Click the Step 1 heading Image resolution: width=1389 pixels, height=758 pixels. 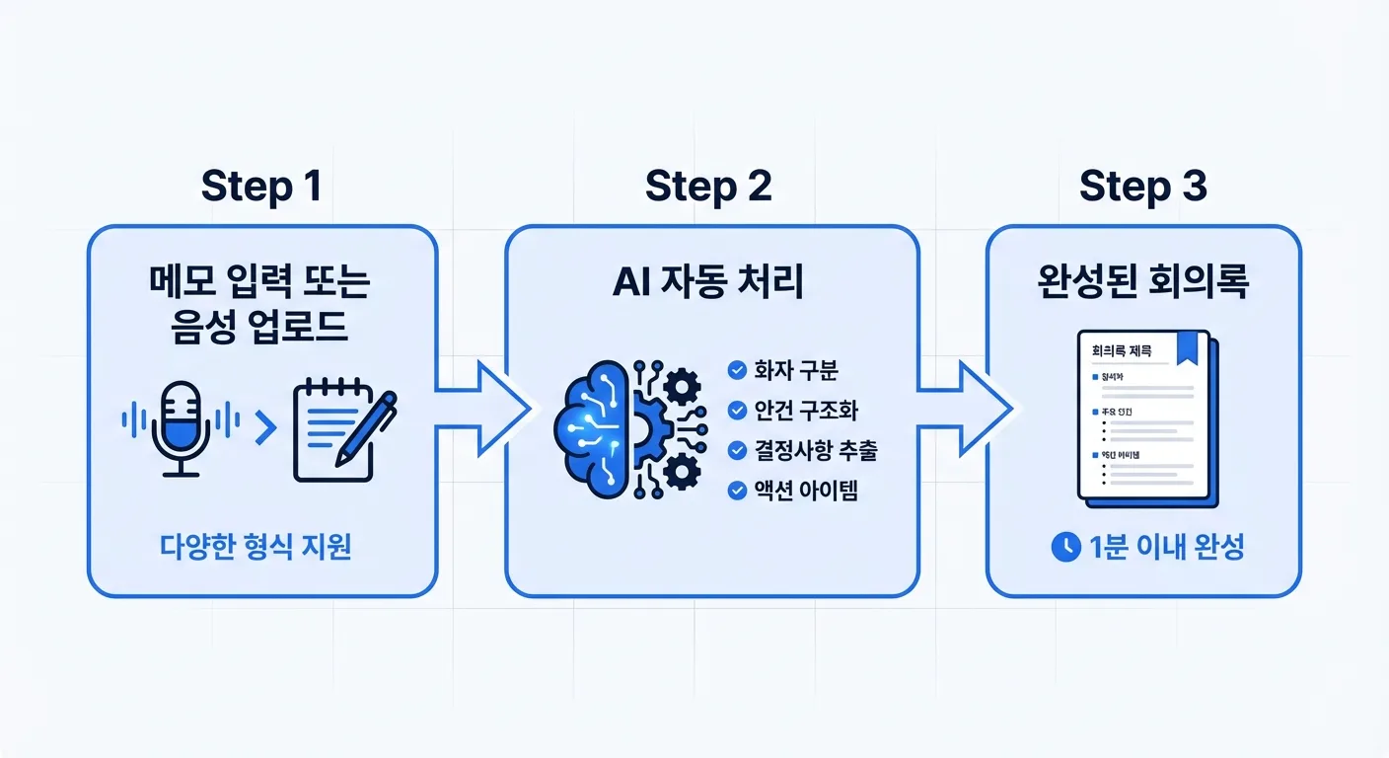(261, 186)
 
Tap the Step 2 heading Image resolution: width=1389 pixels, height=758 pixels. (708, 186)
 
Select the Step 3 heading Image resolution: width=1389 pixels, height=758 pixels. (1143, 186)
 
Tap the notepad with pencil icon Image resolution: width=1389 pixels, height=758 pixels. (341, 426)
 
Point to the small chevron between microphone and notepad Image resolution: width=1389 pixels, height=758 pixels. (264, 426)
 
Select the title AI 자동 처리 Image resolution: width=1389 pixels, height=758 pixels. (708, 282)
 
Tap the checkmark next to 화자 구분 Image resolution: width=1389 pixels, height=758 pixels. (736, 371)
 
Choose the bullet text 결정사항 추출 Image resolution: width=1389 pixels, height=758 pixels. (815, 450)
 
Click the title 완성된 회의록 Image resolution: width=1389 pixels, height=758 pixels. (1143, 282)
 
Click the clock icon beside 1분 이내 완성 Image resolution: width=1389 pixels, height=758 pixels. (1065, 547)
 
